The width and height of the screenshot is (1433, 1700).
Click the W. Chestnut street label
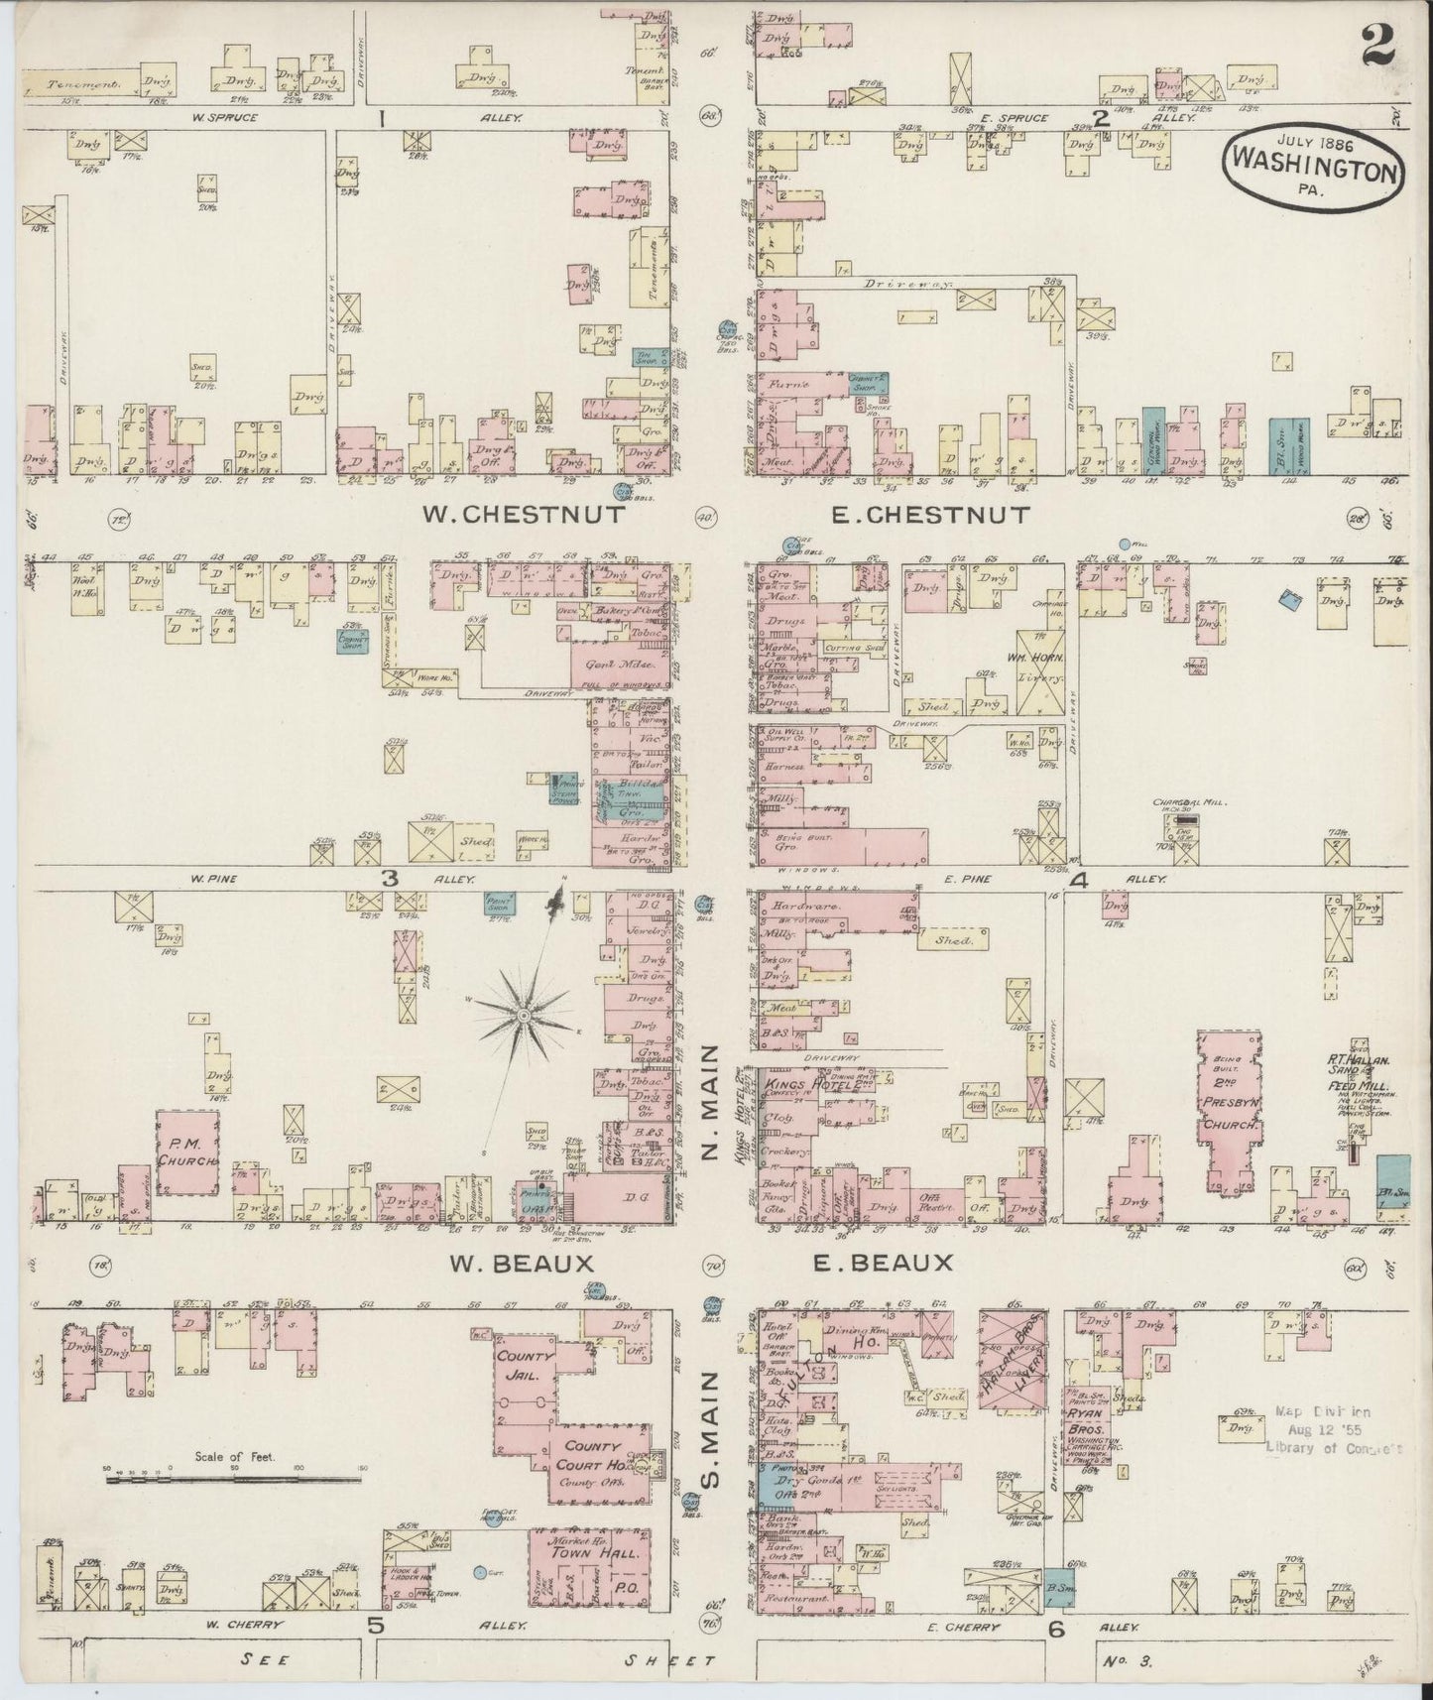click(x=524, y=514)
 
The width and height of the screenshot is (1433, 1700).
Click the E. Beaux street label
click(x=883, y=1263)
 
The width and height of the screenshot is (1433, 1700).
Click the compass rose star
click(x=523, y=1015)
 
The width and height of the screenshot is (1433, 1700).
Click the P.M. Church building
click(x=187, y=1152)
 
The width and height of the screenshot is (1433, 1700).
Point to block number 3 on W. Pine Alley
click(x=390, y=878)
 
